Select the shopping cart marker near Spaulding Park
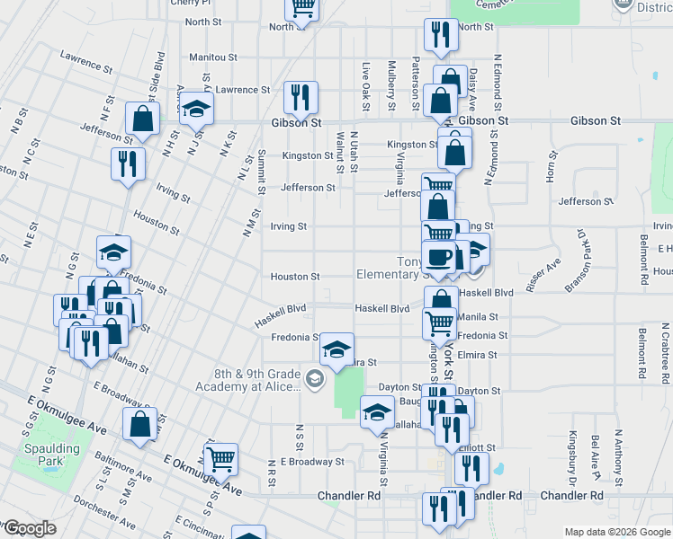coord(220,460)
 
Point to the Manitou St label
coord(212,57)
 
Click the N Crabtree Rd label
coord(662,355)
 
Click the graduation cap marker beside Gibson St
coord(196,110)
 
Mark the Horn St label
coord(553,167)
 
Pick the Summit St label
coord(261,171)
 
